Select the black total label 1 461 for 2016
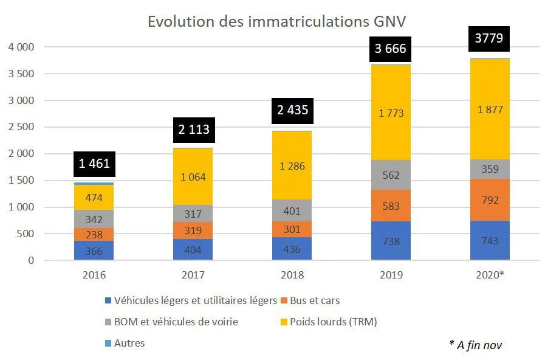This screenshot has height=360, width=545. [94, 164]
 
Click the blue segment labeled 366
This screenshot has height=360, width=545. [94, 251]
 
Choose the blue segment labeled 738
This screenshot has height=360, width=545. [390, 241]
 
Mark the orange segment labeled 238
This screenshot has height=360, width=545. [94, 234]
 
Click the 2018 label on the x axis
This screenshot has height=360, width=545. [292, 275]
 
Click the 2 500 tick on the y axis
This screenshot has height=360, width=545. [21, 127]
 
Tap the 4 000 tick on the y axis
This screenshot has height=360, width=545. [21, 47]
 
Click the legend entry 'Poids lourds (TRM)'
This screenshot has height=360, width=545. [333, 322]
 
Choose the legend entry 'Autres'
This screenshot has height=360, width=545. [128, 343]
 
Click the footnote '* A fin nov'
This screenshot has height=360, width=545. [476, 345]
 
